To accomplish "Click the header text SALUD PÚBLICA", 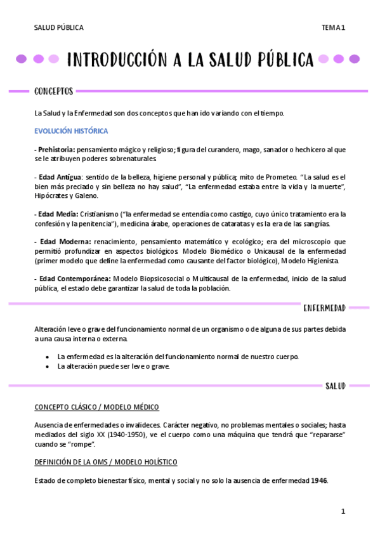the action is [58, 27].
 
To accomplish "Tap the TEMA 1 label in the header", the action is [332, 27].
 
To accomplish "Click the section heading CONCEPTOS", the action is [53, 91].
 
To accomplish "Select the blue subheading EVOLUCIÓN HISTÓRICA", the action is [71, 131].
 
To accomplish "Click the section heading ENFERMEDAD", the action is [324, 308].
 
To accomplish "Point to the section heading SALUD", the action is [335, 386].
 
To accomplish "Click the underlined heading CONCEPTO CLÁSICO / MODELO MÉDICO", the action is [96, 407].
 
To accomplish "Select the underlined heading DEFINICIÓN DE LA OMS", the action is [106, 462].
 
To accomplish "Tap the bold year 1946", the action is [319, 480].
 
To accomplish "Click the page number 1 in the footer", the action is [343, 511].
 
